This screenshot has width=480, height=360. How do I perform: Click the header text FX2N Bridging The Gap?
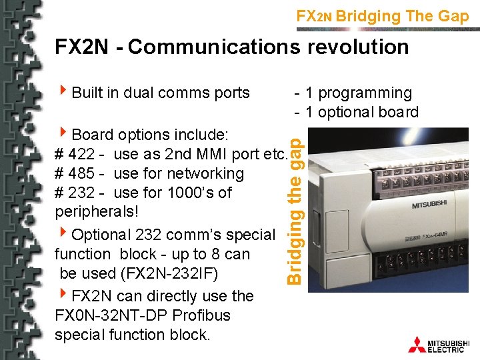[383, 16]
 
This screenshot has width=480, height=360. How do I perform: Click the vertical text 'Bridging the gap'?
[299, 200]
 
